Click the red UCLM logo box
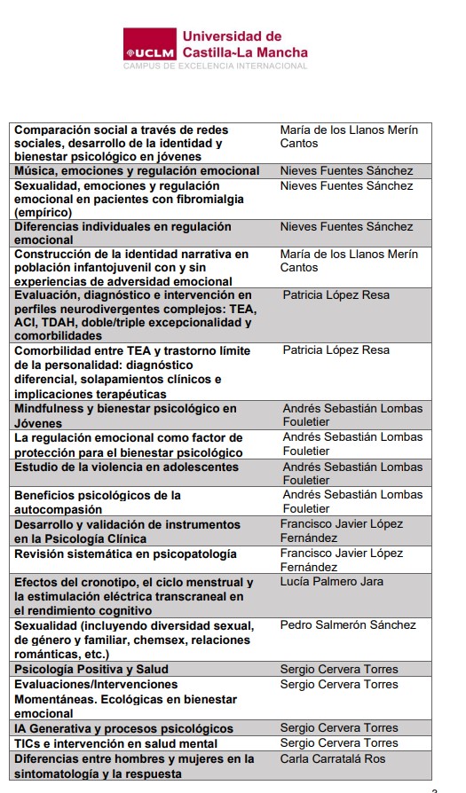pyautogui.click(x=149, y=45)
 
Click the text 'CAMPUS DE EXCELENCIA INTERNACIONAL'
pyautogui.click(x=215, y=66)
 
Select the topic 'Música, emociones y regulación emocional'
pyautogui.click(x=137, y=170)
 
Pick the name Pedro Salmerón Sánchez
pyautogui.click(x=347, y=624)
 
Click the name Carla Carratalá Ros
pyautogui.click(x=334, y=758)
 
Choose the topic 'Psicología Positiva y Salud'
pyautogui.click(x=91, y=669)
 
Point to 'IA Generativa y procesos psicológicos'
pyautogui.click(x=123, y=728)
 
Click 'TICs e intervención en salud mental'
pyautogui.click(x=115, y=743)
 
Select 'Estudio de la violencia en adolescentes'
pyautogui.click(x=126, y=467)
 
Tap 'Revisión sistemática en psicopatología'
pyautogui.click(x=125, y=554)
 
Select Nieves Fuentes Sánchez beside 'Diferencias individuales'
pyautogui.click(x=346, y=226)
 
